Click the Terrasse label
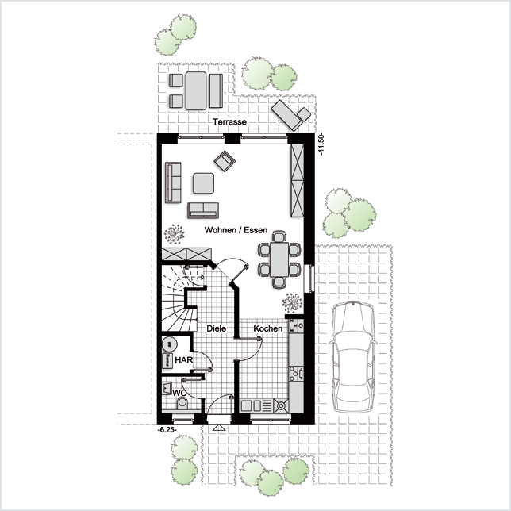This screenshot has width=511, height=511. pyautogui.click(x=229, y=122)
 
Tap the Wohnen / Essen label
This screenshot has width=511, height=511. pyautogui.click(x=236, y=230)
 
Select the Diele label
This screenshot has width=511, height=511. pyautogui.click(x=217, y=328)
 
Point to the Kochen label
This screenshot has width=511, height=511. pyautogui.click(x=268, y=328)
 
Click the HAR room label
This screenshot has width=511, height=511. pyautogui.click(x=184, y=360)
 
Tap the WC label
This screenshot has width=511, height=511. pyautogui.click(x=179, y=393)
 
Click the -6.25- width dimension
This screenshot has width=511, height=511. pyautogui.click(x=167, y=430)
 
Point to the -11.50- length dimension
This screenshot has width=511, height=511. pyautogui.click(x=321, y=144)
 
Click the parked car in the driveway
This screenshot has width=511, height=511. pyautogui.click(x=352, y=357)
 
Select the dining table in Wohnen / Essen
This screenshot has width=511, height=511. pyautogui.click(x=279, y=259)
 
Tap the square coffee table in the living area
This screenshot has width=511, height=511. pyautogui.click(x=203, y=183)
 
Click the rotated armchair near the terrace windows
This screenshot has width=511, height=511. pyautogui.click(x=225, y=160)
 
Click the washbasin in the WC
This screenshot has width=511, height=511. pyautogui.click(x=167, y=388)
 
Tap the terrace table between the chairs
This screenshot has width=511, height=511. pyautogui.click(x=196, y=90)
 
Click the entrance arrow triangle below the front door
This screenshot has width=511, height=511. pyautogui.click(x=218, y=428)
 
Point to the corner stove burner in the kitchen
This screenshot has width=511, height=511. pyautogui.click(x=281, y=405)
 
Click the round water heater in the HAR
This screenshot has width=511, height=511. pyautogui.click(x=170, y=344)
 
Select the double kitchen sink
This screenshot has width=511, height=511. pyautogui.click(x=252, y=405)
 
